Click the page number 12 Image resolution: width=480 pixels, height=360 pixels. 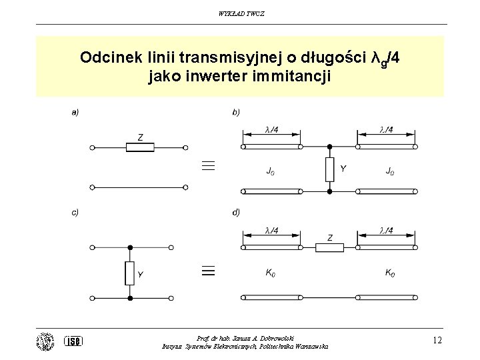coord(437,340)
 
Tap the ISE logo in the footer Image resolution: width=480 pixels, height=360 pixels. coord(73,341)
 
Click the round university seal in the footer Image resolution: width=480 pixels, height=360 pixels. coord(45,341)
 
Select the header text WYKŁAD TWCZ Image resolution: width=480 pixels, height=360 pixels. coord(241,14)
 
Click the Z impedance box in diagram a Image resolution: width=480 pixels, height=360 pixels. coord(140,147)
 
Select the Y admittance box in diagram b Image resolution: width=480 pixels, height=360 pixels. coord(330,169)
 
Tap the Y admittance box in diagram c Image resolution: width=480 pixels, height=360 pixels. coord(130,273)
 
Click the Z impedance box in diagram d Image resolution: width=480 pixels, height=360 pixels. coord(330,247)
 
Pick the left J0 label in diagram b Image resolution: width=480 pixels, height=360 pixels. coord(270,171)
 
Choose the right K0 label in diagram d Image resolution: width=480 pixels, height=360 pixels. coord(390,272)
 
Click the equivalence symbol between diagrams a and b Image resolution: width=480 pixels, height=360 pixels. coord(208,165)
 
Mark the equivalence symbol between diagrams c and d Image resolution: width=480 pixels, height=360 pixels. coord(208,271)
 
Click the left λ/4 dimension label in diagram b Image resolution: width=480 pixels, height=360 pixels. coord(272,129)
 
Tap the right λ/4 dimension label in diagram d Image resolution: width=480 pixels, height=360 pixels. coord(386,230)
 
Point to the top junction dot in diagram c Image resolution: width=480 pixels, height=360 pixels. coord(130,247)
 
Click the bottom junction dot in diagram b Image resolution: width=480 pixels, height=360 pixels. coord(330,191)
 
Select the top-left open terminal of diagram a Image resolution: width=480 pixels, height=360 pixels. coord(92,147)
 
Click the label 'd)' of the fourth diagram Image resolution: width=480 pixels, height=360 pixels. coord(236,212)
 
